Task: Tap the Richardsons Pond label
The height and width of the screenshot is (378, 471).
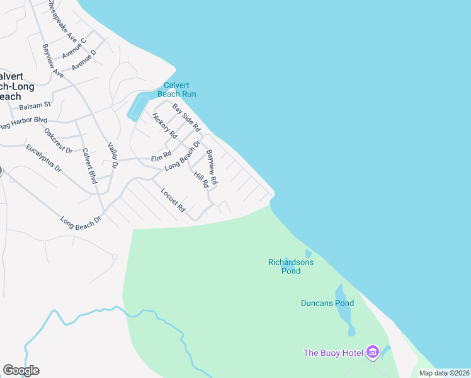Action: pyautogui.click(x=291, y=266)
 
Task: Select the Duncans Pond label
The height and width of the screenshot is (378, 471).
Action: pyautogui.click(x=327, y=303)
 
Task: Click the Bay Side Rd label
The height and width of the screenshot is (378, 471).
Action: pyautogui.click(x=186, y=118)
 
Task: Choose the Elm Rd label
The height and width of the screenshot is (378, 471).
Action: pyautogui.click(x=161, y=155)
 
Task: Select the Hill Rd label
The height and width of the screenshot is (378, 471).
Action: pyautogui.click(x=201, y=180)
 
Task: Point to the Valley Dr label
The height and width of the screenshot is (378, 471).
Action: pyautogui.click(x=113, y=154)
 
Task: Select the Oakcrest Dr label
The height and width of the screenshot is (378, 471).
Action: pyautogui.click(x=59, y=140)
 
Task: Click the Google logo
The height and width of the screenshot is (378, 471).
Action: pyautogui.click(x=21, y=370)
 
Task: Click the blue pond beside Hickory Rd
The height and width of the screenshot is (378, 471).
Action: pyautogui.click(x=137, y=106)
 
